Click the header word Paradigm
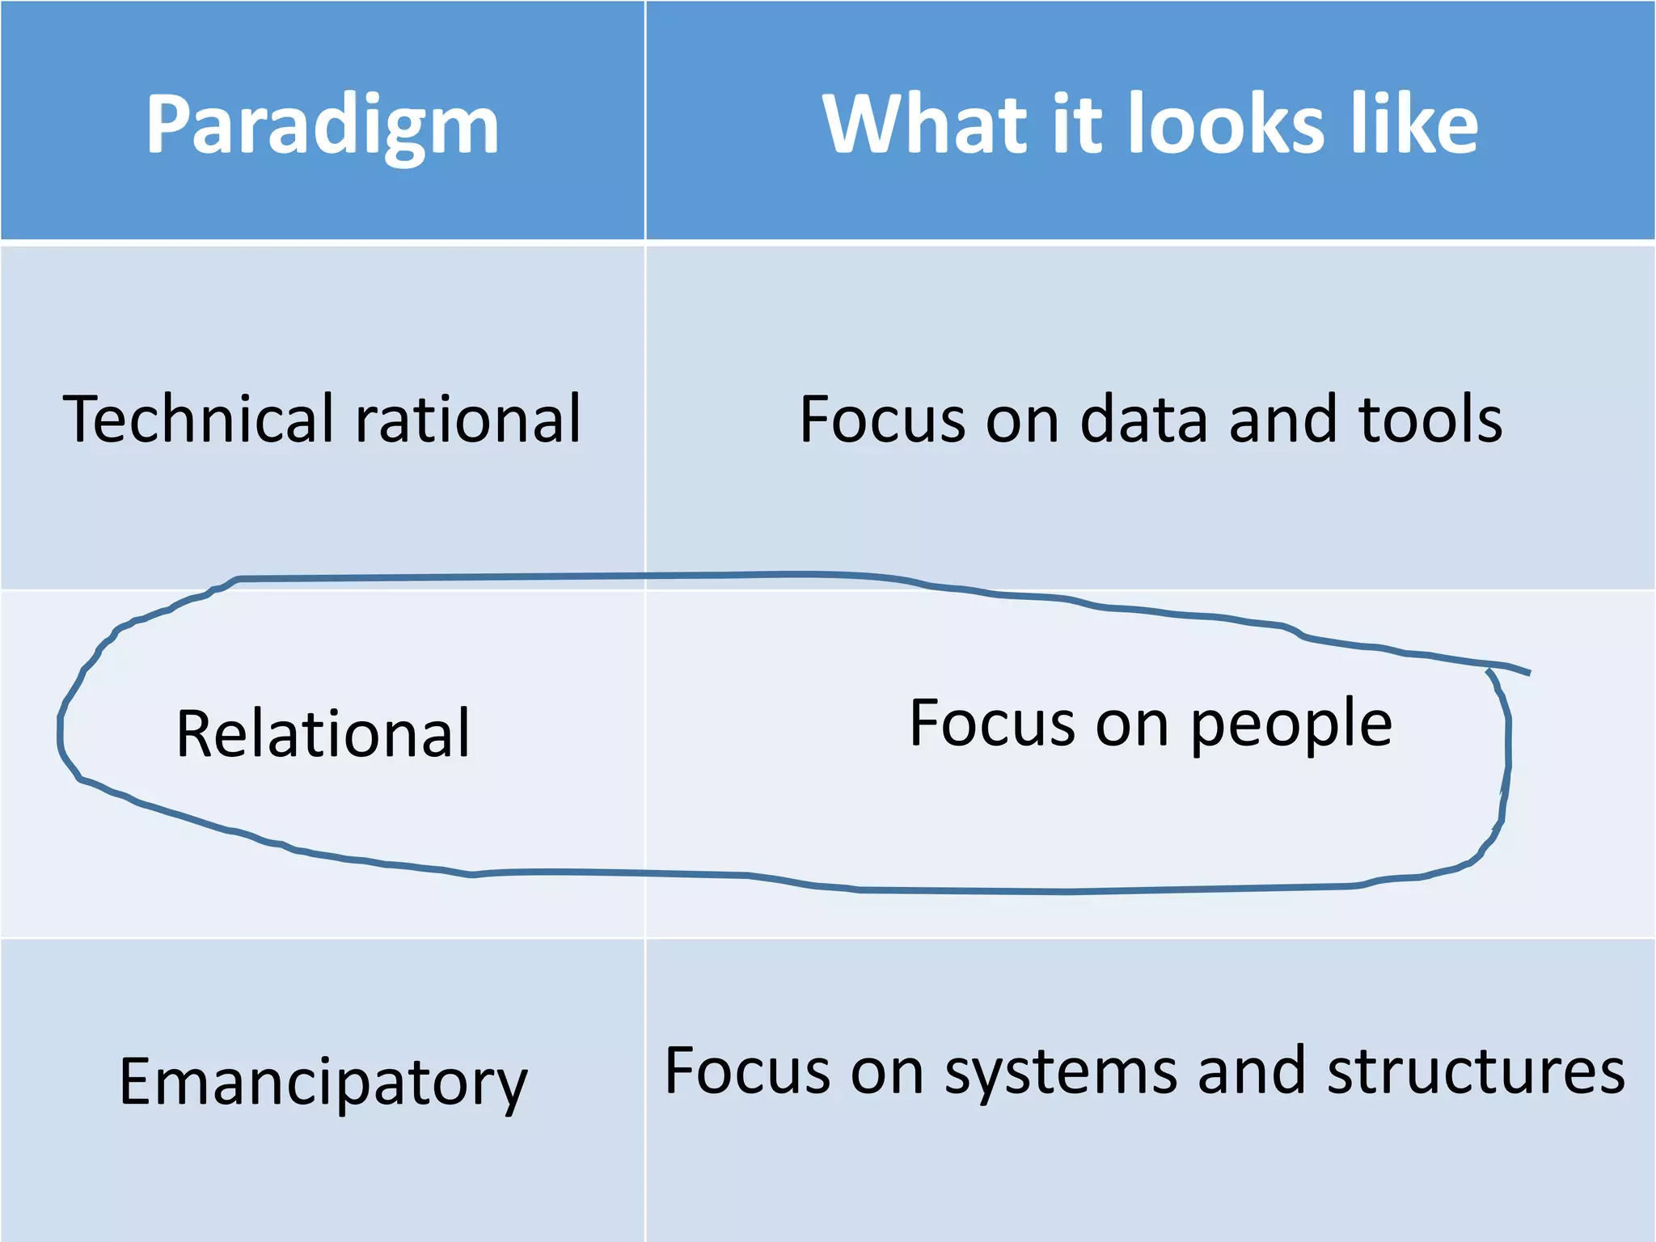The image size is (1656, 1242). click(x=322, y=125)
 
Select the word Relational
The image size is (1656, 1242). click(x=323, y=733)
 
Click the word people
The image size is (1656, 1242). click(x=1291, y=724)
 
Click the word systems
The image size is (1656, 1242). click(x=1060, y=1072)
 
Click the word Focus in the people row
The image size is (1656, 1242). click(x=992, y=723)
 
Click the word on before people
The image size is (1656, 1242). click(x=1132, y=724)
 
